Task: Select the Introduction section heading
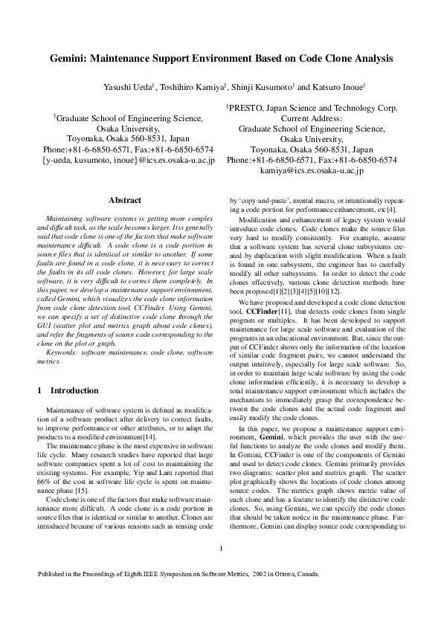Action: point(73,390)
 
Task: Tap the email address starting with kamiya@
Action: point(312,170)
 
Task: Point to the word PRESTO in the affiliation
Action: point(244,107)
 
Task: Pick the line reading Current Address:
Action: point(312,117)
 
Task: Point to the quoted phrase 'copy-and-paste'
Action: point(259,200)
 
